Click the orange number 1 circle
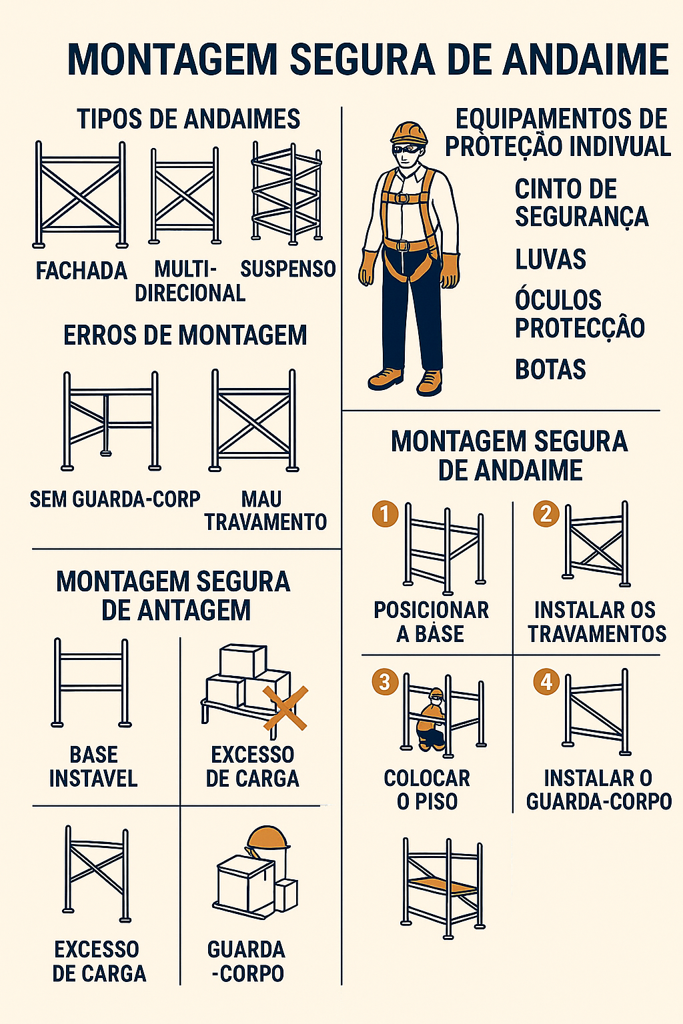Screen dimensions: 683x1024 point(386,514)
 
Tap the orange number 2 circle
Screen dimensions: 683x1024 point(546,514)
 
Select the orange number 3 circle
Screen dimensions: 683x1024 point(386,682)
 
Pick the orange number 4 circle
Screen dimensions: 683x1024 point(546,682)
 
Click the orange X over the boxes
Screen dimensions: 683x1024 point(285,708)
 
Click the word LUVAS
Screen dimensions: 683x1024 point(550,259)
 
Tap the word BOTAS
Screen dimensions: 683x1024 point(550,369)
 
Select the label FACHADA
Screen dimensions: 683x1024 point(81,271)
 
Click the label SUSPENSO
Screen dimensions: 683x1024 point(288,269)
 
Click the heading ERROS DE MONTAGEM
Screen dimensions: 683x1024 point(185,335)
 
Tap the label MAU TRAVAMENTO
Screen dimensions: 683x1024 point(265,510)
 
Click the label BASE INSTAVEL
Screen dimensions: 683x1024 point(93,767)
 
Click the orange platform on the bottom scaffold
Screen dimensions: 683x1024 point(443,887)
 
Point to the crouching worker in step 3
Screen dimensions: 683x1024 point(431,719)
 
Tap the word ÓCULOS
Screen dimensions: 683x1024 point(558,300)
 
